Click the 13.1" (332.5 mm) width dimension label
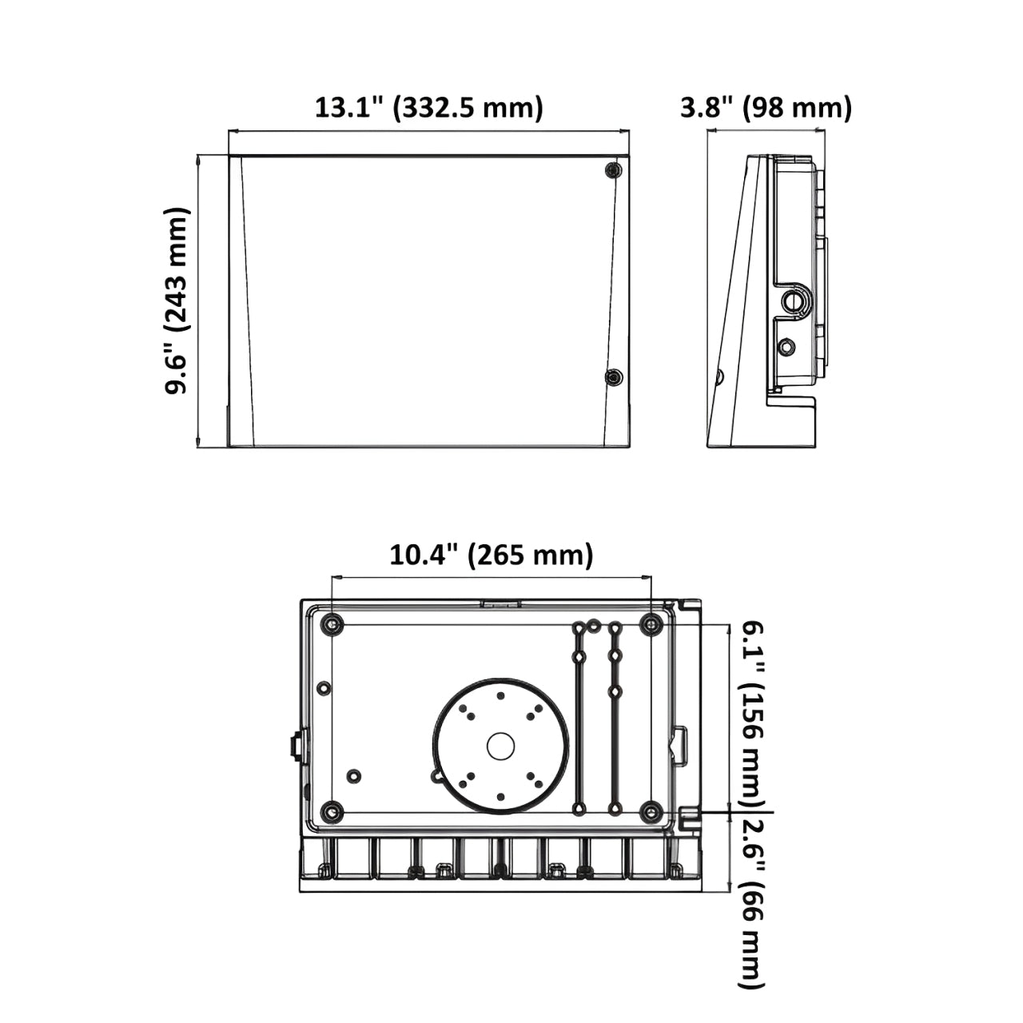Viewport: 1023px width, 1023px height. (428, 108)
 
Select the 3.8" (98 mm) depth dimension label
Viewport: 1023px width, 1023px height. (766, 108)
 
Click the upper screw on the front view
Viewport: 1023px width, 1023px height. (613, 171)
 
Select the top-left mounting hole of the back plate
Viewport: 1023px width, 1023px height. (332, 624)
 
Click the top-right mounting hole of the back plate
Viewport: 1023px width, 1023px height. (651, 624)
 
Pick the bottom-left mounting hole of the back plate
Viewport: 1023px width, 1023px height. (332, 812)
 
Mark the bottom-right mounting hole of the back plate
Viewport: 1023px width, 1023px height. (651, 812)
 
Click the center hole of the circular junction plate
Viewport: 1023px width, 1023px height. (501, 746)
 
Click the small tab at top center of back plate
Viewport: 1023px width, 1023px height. (500, 604)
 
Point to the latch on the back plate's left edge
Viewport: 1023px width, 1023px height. (295, 746)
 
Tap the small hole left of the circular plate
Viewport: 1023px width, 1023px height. (354, 775)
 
